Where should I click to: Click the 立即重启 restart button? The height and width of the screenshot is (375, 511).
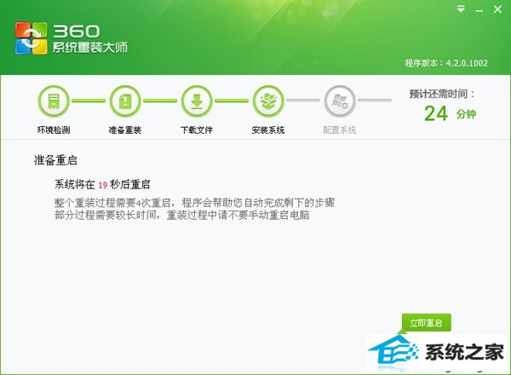427,322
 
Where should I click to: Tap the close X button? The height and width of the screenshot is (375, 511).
497,9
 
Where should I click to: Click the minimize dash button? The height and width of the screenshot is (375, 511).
479,11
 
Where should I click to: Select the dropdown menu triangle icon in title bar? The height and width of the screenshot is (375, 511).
461,9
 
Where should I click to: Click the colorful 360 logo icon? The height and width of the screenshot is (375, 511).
31,37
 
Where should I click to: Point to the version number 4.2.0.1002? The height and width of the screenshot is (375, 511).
467,63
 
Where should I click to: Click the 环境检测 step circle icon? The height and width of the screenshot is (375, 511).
54,101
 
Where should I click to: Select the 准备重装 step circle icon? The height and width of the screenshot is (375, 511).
125,101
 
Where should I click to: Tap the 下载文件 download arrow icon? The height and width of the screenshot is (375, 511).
197,101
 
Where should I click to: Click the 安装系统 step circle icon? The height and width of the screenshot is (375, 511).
268,101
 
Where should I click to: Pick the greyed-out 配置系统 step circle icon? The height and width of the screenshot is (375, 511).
340,101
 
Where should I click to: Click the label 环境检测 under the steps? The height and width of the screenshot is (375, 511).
54,130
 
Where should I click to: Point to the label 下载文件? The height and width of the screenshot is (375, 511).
197,130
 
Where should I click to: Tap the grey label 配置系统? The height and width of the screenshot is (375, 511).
340,130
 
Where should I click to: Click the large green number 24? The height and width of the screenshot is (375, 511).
436,113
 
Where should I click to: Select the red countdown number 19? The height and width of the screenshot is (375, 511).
103,185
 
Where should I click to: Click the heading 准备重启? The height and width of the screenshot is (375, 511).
55,160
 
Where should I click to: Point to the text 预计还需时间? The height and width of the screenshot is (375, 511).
439,94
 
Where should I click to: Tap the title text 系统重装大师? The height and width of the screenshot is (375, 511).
90,48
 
